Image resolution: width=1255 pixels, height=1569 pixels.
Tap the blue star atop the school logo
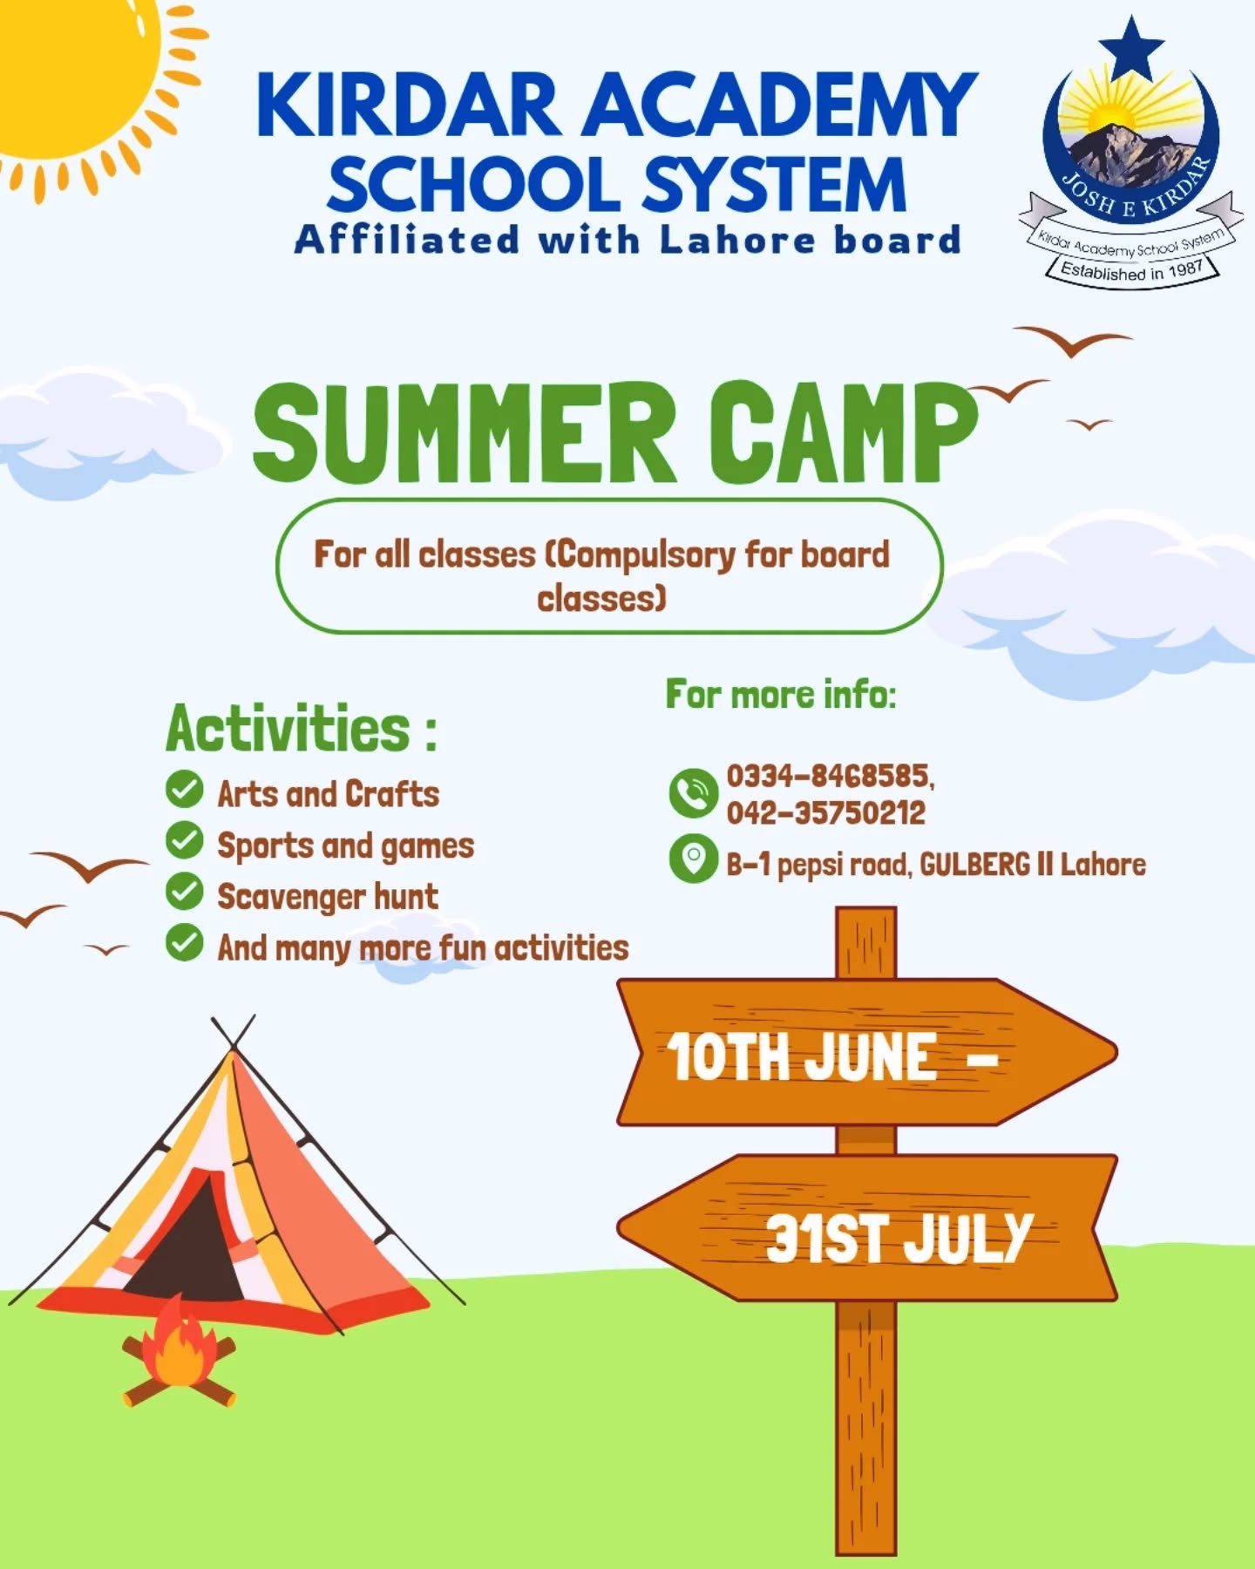[1131, 50]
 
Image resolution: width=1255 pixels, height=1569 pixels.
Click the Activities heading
[302, 728]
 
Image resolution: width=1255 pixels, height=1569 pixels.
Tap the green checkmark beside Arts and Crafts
[184, 790]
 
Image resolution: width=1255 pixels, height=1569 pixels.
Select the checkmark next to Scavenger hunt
[184, 892]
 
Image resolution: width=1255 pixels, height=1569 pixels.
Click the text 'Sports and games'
[346, 846]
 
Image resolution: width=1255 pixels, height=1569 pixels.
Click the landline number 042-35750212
[826, 813]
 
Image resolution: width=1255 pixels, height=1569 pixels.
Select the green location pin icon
[693, 859]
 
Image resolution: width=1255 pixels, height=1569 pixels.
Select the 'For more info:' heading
[781, 695]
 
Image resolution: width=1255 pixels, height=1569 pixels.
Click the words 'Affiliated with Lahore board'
[627, 239]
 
